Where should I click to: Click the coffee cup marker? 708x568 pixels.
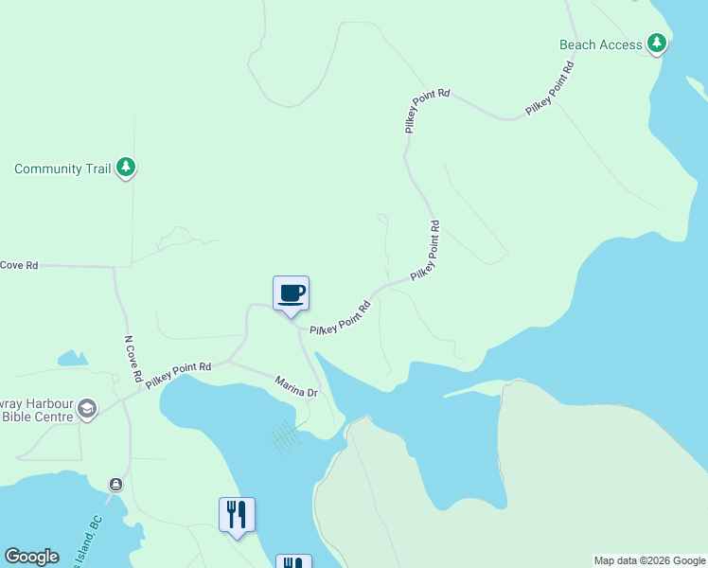pos(291,293)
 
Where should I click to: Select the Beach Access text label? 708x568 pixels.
pos(601,44)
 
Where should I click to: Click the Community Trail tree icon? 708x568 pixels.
pos(126,169)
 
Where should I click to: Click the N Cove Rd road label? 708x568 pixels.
pos(132,359)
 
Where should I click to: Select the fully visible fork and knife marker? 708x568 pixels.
pos(237,515)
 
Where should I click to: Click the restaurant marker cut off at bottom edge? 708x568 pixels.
pos(293,562)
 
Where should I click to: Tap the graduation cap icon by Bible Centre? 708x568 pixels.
pos(87,408)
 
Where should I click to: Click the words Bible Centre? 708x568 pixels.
pos(37,417)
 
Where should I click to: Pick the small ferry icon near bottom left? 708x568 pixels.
pos(115,484)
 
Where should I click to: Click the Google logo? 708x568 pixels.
pos(31,557)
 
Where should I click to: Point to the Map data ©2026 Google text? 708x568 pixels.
pos(649,560)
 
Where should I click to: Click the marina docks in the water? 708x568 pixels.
pos(285,436)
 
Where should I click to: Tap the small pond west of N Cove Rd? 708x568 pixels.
pos(72,359)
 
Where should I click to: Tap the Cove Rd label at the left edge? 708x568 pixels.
pos(19,266)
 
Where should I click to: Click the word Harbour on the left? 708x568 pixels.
pos(40,401)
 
